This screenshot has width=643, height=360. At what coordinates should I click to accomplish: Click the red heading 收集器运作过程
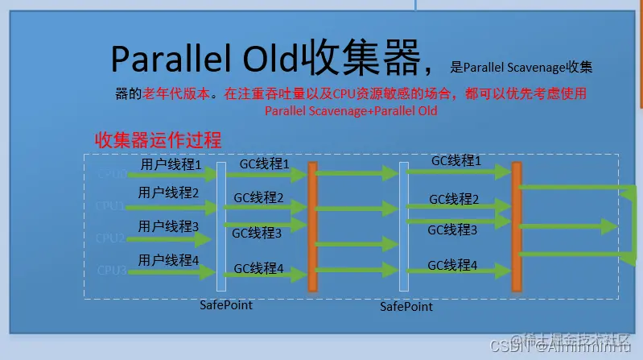pyautogui.click(x=158, y=139)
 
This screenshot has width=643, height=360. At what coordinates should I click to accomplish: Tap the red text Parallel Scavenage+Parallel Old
pyautogui.click(x=351, y=111)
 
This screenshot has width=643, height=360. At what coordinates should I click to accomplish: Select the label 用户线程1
pyautogui.click(x=171, y=165)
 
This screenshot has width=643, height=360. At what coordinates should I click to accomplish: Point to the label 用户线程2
pyautogui.click(x=168, y=192)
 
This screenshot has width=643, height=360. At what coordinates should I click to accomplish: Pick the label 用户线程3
pyautogui.click(x=168, y=226)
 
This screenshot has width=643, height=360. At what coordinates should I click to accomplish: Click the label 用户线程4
pyautogui.click(x=168, y=260)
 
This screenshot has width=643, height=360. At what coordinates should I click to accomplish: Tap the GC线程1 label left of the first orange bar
pyautogui.click(x=264, y=164)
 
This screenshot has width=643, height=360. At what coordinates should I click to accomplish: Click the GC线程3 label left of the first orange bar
pyautogui.click(x=257, y=234)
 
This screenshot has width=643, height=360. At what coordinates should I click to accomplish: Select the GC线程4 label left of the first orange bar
pyautogui.click(x=258, y=268)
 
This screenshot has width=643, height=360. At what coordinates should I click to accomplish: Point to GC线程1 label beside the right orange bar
pyautogui.click(x=456, y=161)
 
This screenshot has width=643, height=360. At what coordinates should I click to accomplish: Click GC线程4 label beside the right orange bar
pyautogui.click(x=452, y=265)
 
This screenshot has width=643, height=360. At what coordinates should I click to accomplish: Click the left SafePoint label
pyautogui.click(x=226, y=305)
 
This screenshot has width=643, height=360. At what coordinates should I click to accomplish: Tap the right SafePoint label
pyautogui.click(x=406, y=307)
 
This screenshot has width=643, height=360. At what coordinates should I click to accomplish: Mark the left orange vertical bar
pyautogui.click(x=313, y=226)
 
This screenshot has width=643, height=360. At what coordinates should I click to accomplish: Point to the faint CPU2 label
pyautogui.click(x=111, y=238)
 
